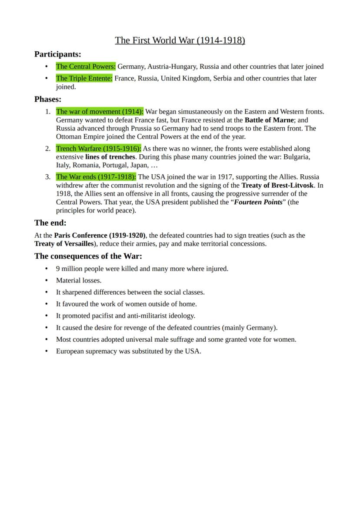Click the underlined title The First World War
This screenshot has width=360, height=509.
pos(180,40)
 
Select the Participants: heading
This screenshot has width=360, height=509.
pos(58,54)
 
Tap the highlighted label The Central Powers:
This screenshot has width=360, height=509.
pos(86,67)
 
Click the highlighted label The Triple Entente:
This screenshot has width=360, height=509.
pos(84,78)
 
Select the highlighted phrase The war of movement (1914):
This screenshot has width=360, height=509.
pos(100,112)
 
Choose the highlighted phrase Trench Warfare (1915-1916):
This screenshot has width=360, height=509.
pos(98,149)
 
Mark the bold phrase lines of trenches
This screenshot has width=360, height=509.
pos(110,157)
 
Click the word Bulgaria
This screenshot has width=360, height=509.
pos(297,157)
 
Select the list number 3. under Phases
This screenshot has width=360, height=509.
pos(48,177)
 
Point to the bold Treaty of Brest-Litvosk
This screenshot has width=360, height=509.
pos(277,185)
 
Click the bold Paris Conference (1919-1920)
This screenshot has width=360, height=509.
pos(100,236)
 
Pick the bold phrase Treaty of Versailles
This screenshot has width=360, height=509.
pos(64,244)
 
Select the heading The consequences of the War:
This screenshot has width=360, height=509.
pos(88,256)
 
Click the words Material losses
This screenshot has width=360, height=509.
pos(79,281)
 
